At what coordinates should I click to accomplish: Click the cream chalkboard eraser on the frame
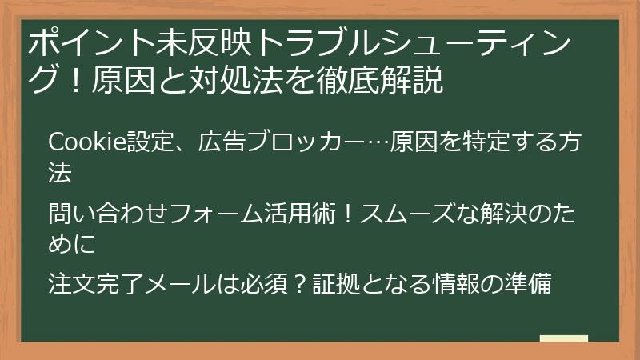click(x=564, y=338)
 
